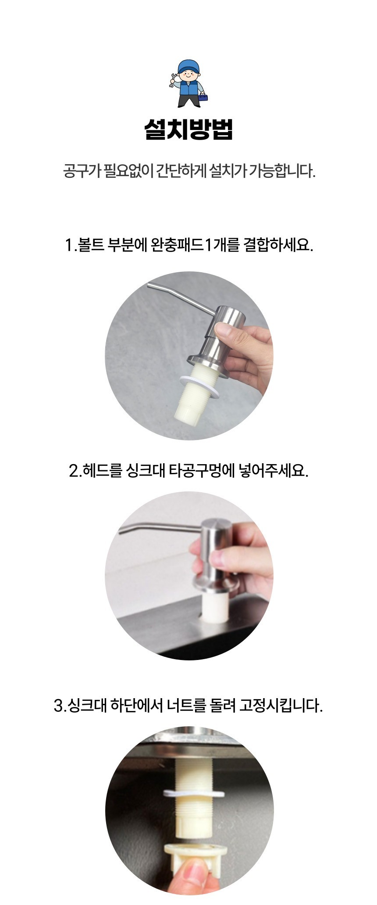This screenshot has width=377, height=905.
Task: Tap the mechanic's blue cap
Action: (188, 67)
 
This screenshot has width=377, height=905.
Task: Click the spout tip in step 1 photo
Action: (150, 286)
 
